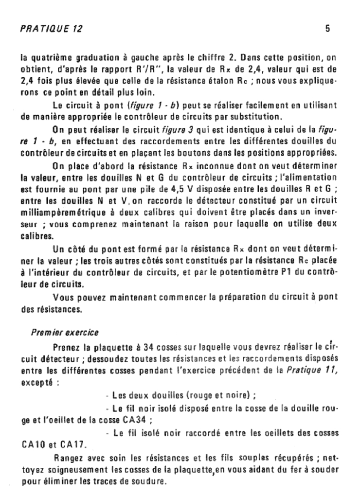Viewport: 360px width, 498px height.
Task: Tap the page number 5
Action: (328, 30)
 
